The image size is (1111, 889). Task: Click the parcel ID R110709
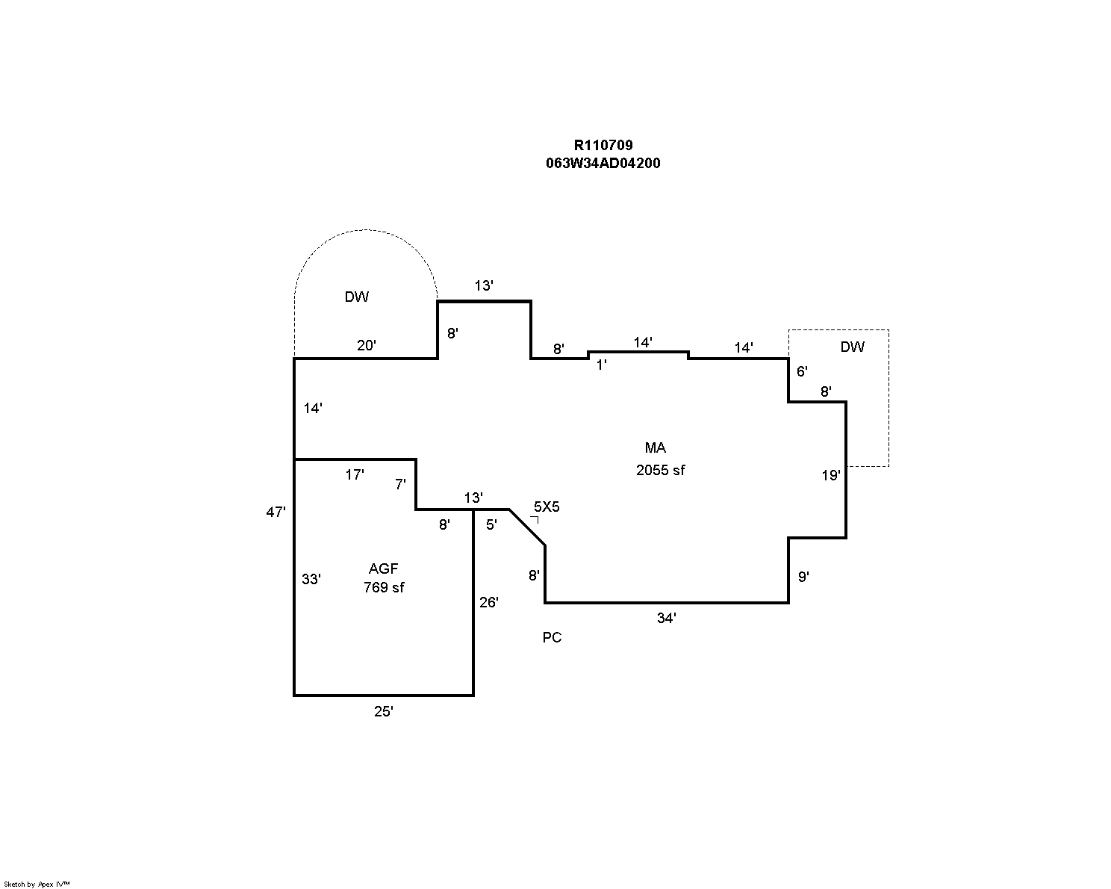coord(603,146)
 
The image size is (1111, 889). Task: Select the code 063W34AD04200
coord(603,164)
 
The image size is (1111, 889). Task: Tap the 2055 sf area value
coord(660,471)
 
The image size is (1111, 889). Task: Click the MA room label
coord(655,448)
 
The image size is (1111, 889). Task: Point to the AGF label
coord(383,569)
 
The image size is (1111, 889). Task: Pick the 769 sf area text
coord(384,588)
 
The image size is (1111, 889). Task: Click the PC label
coord(552,638)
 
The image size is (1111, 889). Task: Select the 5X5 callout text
coord(547,507)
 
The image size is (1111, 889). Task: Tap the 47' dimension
coord(276,512)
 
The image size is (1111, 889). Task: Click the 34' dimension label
coord(667,619)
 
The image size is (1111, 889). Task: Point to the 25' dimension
coord(384,712)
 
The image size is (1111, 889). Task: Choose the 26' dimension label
coord(489,602)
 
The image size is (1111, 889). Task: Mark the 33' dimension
coord(311,579)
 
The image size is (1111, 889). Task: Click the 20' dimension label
coord(367,345)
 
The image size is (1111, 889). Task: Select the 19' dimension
coord(831,475)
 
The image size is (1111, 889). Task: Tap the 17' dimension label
coord(355,474)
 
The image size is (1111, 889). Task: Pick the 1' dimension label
coord(602,365)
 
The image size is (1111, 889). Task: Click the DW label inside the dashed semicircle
coord(357,297)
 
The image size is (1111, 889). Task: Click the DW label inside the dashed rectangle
coord(853,347)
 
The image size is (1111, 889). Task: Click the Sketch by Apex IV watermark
coord(37,884)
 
